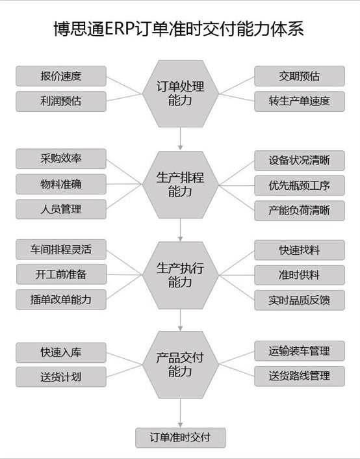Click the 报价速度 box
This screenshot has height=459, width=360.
click(61, 76)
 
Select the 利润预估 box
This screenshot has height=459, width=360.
click(61, 101)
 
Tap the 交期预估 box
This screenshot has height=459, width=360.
click(300, 76)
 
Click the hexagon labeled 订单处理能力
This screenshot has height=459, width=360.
click(180, 94)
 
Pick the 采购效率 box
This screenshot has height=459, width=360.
click(61, 159)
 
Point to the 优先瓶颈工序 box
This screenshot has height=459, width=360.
click(300, 185)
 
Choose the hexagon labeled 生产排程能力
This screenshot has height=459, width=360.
click(180, 185)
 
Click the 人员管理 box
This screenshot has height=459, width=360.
click(61, 209)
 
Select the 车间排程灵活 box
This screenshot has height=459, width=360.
click(61, 250)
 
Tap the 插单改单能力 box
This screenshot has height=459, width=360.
click(61, 300)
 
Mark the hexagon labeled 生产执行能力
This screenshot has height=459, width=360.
click(180, 275)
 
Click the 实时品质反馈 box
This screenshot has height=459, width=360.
click(300, 300)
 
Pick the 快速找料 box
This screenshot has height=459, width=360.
click(300, 250)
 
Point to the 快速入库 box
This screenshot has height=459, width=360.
click(61, 352)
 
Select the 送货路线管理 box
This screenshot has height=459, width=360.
click(300, 376)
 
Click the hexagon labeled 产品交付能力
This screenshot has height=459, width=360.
click(180, 365)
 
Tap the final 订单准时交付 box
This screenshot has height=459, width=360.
click(180, 438)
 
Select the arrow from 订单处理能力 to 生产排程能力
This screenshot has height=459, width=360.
click(180, 138)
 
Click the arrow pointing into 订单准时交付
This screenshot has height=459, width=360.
click(180, 413)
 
